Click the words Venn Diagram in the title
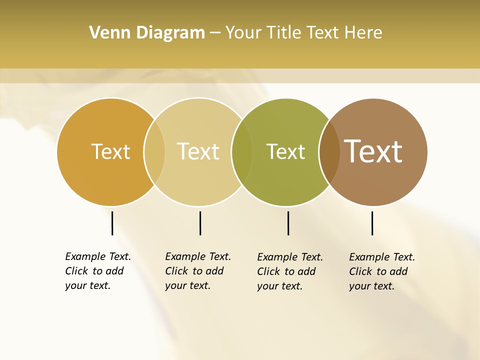[x=147, y=33]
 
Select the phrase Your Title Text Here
[x=303, y=33]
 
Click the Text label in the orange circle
[x=110, y=151]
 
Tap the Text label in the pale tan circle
[x=198, y=151]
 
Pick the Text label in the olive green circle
[x=285, y=151]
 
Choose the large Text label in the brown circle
[x=373, y=151]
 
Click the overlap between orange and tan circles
[x=154, y=152]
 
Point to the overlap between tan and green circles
[x=242, y=152]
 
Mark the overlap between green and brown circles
[x=329, y=152]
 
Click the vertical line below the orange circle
[x=112, y=223]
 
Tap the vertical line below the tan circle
[x=200, y=223]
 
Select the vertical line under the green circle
[x=288, y=223]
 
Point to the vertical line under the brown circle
[x=372, y=223]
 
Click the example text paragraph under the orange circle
[x=98, y=271]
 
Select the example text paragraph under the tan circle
[x=198, y=271]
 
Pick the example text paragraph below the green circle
[x=290, y=271]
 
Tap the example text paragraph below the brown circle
[x=382, y=271]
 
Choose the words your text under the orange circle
[x=87, y=286]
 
